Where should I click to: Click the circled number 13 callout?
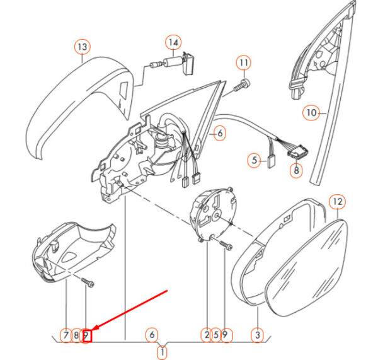click(83, 47)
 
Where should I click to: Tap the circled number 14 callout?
click(173, 42)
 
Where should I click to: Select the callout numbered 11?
click(244, 63)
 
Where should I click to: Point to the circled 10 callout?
click(311, 113)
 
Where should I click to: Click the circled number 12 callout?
click(338, 202)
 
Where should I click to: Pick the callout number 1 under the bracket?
click(163, 352)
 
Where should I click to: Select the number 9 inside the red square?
click(86, 335)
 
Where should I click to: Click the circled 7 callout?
click(66, 335)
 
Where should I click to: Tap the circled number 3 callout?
click(258, 335)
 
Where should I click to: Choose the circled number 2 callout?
click(207, 335)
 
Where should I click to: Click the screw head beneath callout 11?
click(246, 83)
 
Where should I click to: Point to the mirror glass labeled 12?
click(306, 268)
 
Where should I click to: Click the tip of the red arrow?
click(93, 330)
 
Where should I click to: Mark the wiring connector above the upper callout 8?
click(298, 153)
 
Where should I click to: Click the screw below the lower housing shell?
click(88, 282)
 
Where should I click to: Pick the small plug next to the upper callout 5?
click(271, 161)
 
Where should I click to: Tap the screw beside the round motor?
click(226, 245)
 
